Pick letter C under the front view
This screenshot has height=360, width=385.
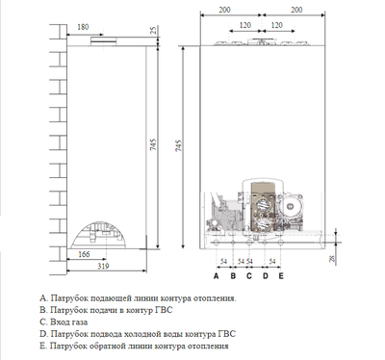pos(248,275)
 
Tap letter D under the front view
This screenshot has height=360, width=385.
pos(265,275)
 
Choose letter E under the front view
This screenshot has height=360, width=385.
pos(280,275)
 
